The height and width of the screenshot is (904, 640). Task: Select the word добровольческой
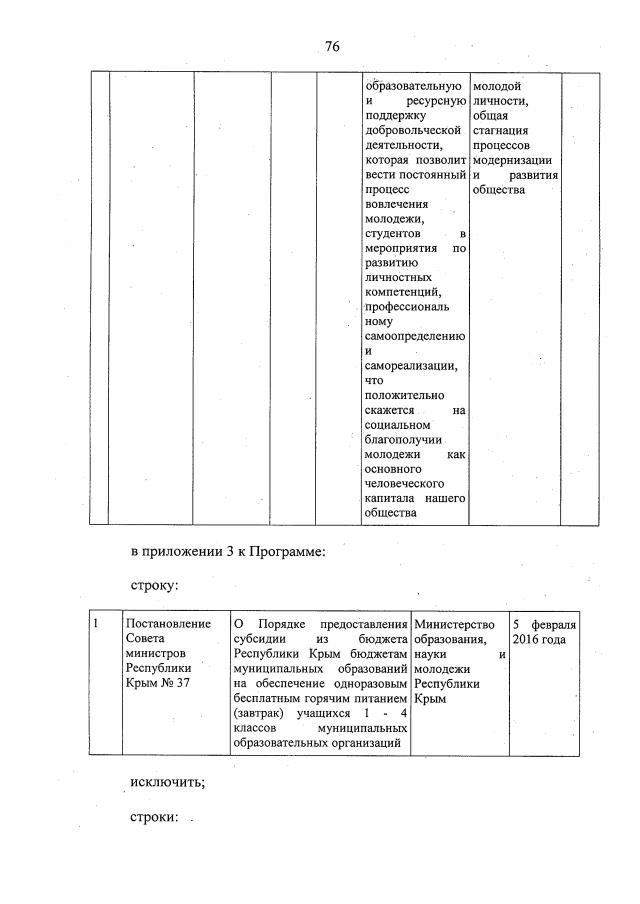pyautogui.click(x=413, y=130)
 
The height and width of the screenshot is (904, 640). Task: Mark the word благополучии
pyautogui.click(x=405, y=440)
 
